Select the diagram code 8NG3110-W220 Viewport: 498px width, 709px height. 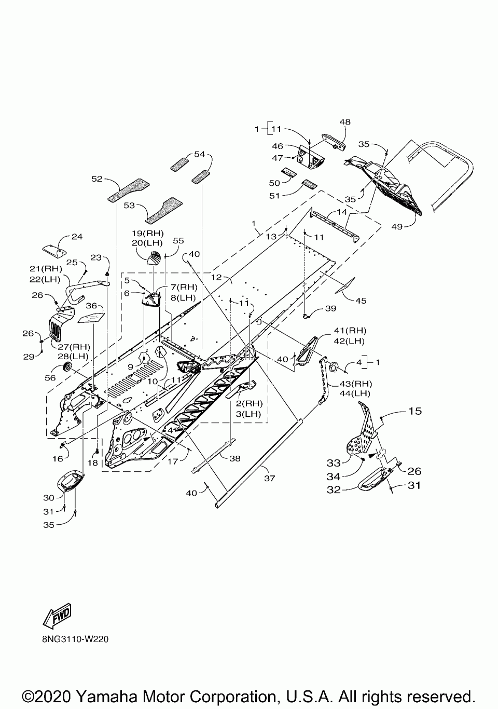click(75, 639)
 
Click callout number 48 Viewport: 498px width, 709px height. click(345, 122)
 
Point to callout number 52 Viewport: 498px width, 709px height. click(97, 179)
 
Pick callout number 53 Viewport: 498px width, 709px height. click(129, 206)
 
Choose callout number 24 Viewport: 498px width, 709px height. click(77, 237)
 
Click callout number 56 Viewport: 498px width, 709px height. click(50, 378)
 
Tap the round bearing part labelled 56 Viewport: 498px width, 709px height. click(67, 367)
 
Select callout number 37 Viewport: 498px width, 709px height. click(270, 478)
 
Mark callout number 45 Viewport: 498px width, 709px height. click(361, 301)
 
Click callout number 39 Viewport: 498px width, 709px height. click(330, 308)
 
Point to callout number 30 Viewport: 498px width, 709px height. click(49, 498)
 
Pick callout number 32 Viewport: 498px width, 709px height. click(334, 489)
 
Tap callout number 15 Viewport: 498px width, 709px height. click(415, 411)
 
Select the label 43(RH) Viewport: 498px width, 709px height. click(351, 384)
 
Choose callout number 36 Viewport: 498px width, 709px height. click(91, 305)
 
